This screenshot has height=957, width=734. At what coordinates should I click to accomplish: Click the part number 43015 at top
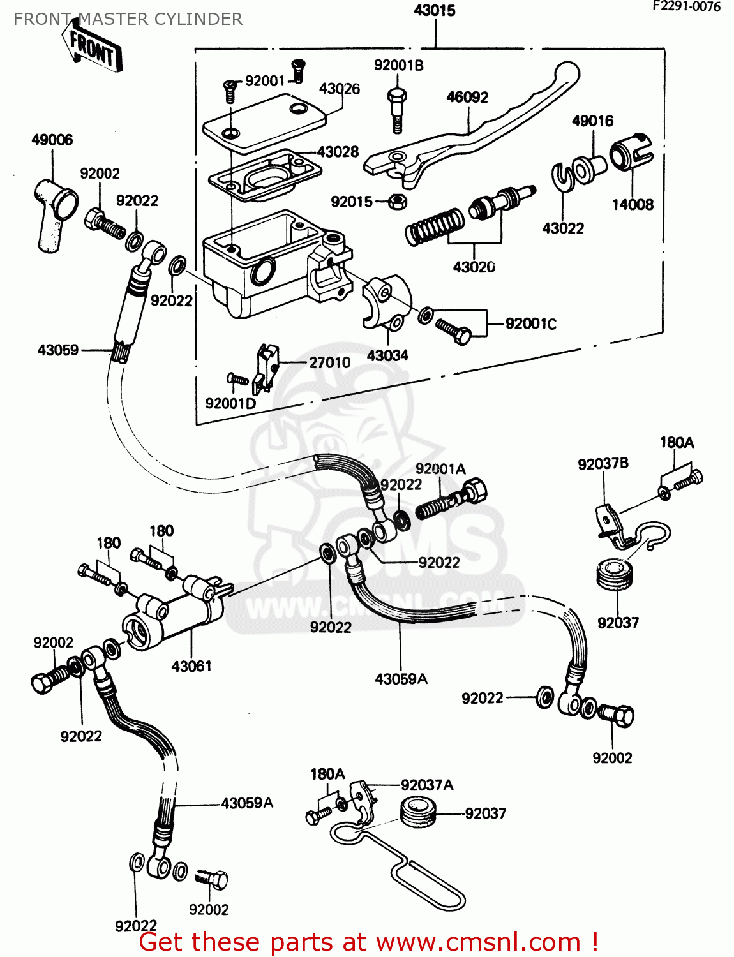coord(435,10)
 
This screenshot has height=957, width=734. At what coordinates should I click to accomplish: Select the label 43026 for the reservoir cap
coord(339,89)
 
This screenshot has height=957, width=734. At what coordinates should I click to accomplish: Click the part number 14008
coord(633,205)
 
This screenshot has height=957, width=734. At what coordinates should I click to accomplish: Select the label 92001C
coord(530,323)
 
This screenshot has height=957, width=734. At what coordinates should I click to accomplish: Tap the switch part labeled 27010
coord(267,368)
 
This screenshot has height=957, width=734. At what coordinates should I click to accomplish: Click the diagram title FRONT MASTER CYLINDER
coord(128,19)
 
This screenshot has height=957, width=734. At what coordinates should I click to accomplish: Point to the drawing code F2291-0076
coord(685,7)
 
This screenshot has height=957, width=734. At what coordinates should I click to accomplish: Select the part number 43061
coord(191,666)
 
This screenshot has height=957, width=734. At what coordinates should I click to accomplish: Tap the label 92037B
coord(603,464)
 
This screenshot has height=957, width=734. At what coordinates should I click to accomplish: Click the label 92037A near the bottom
coord(427,785)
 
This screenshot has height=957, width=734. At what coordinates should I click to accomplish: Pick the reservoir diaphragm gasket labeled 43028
coord(265,175)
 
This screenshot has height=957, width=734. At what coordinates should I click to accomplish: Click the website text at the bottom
coord(368,942)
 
